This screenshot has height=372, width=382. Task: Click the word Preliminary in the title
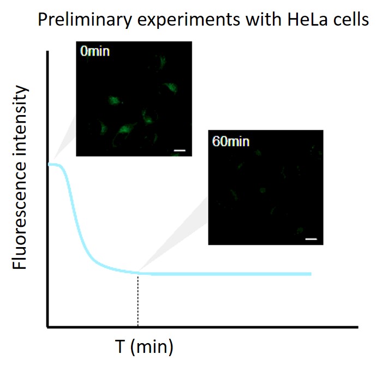tap(85, 20)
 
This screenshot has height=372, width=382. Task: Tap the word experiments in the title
tap(189, 20)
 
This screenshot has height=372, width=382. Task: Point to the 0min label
tap(95, 51)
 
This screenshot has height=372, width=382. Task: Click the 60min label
tap(231, 141)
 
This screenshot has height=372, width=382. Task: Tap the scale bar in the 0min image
tap(180, 151)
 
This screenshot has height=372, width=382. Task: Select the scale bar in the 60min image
tap(311, 239)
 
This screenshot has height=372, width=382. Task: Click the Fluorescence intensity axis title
tap(20, 177)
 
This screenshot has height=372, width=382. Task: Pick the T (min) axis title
tap(144, 347)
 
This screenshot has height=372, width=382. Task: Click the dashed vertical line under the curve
tap(138, 299)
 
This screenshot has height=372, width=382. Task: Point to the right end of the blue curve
tap(311, 274)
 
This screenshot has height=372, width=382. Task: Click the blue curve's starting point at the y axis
tap(49, 164)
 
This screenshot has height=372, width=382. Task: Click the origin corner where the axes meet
tap(48, 327)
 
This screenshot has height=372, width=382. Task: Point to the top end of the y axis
tap(48, 51)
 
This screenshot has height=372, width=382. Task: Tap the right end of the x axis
tap(357, 327)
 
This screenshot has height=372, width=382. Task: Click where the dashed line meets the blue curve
tap(138, 272)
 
